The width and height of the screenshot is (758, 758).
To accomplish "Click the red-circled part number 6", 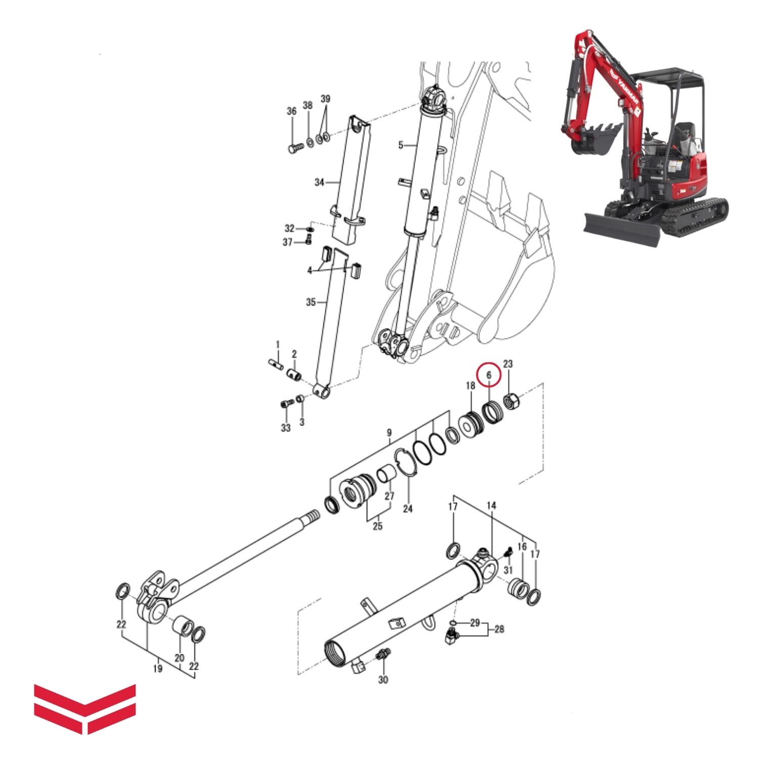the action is pos(489,375).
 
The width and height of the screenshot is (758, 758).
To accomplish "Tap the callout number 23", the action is pos(508,364).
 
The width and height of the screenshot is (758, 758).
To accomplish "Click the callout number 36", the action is pos(292,112).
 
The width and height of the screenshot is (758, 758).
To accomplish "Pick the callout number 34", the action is pos(319,182).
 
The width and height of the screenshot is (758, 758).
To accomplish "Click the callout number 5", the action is pos(401,146).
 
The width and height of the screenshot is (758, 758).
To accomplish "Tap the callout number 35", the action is pos(311,302).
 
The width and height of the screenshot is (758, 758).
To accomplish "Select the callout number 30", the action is pos(383,680).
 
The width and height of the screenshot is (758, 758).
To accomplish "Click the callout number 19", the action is pos(158,669).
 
